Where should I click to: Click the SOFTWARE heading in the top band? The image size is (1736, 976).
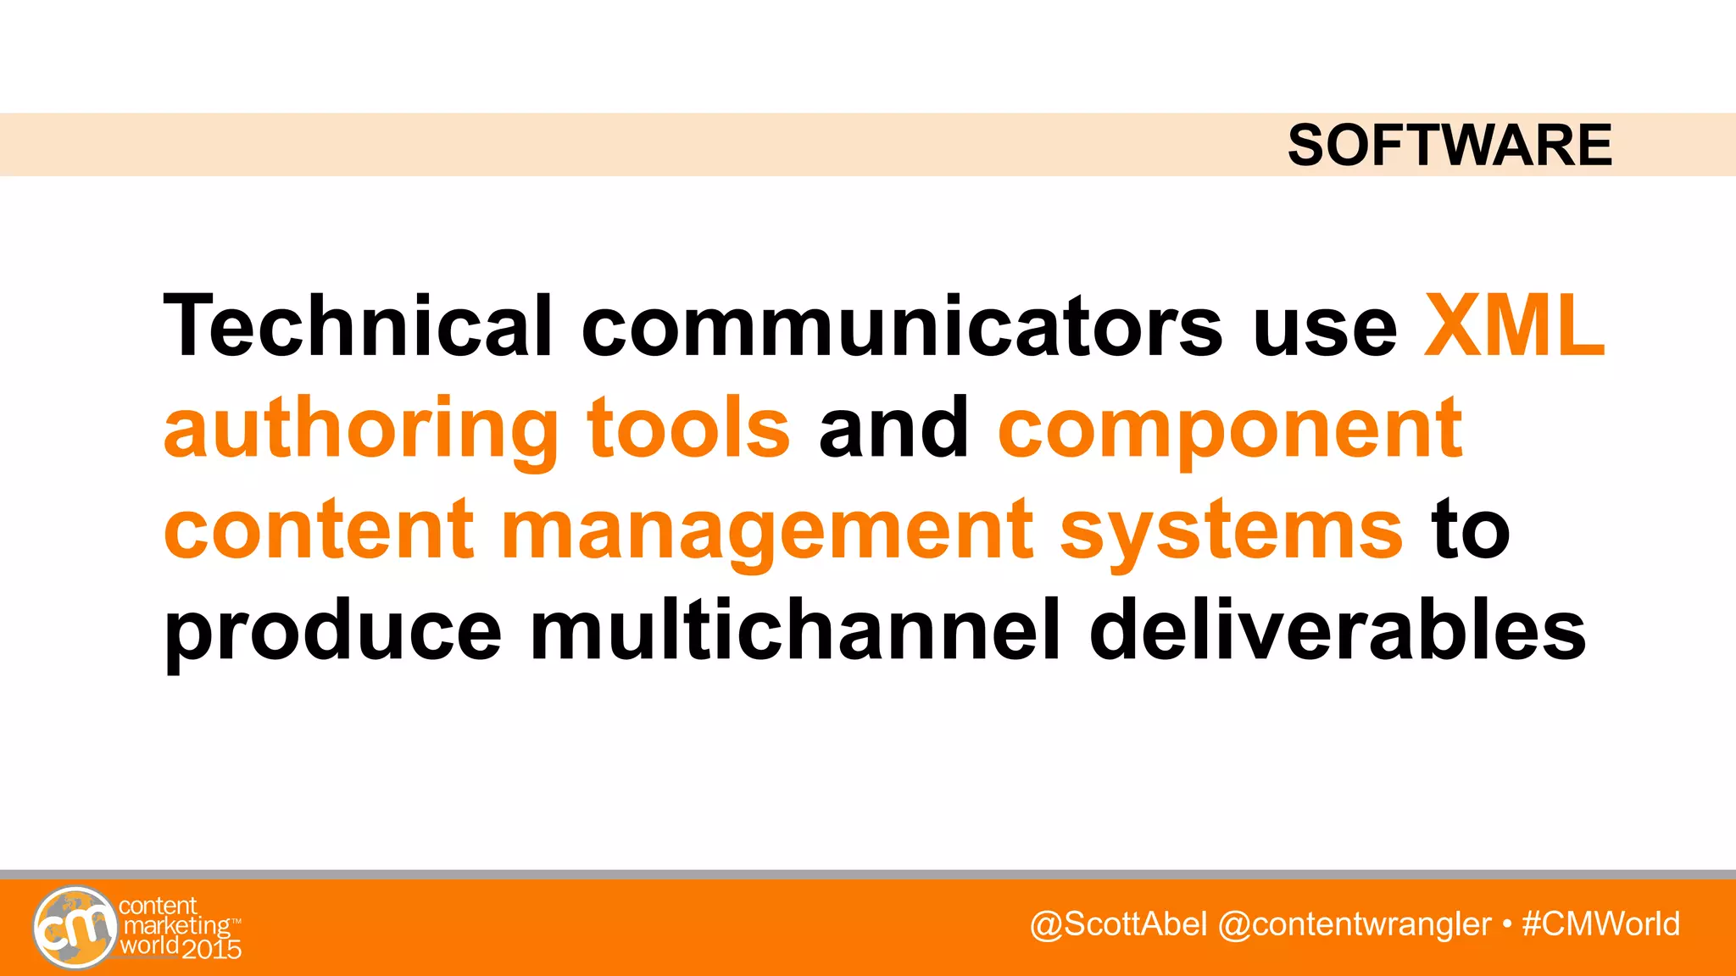[1449, 145]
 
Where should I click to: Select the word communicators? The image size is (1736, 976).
[902, 326]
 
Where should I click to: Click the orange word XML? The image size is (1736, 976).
[1514, 326]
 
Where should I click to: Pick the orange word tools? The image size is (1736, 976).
[688, 428]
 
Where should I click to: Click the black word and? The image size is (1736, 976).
[893, 428]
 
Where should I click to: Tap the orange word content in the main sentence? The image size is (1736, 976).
[319, 530]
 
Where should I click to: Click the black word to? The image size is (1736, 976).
[1471, 530]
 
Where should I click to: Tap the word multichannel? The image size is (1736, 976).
[795, 631]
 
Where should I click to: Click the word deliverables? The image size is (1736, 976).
[1337, 631]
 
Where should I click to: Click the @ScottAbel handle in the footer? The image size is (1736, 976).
[1118, 924]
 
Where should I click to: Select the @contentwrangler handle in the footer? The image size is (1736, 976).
[1354, 924]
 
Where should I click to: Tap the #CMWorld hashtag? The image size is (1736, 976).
[1600, 924]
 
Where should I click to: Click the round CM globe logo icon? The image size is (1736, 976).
[75, 928]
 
